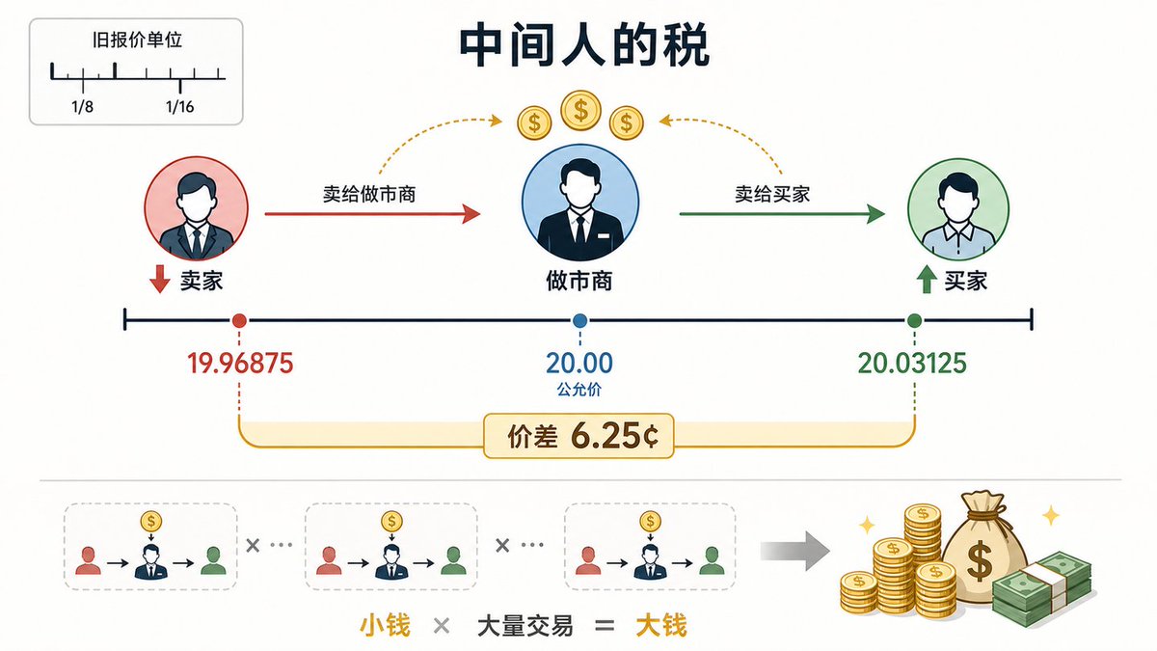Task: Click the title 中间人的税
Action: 583,45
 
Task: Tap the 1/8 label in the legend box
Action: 83,106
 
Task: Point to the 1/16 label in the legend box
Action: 179,106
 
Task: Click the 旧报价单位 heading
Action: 137,40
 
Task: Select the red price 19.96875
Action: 240,363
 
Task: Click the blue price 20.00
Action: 579,363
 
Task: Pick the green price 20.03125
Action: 912,363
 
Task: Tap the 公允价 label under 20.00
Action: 579,389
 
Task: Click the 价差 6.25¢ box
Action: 579,436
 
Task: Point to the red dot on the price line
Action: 239,321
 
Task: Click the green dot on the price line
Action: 914,321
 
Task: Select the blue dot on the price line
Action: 580,321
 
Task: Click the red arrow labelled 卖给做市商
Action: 373,213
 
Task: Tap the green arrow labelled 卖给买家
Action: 783,213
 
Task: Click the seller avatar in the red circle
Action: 197,208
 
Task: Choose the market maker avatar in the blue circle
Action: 580,203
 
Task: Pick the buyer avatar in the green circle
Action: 958,208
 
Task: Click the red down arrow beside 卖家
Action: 160,279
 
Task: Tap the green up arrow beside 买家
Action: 927,279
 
